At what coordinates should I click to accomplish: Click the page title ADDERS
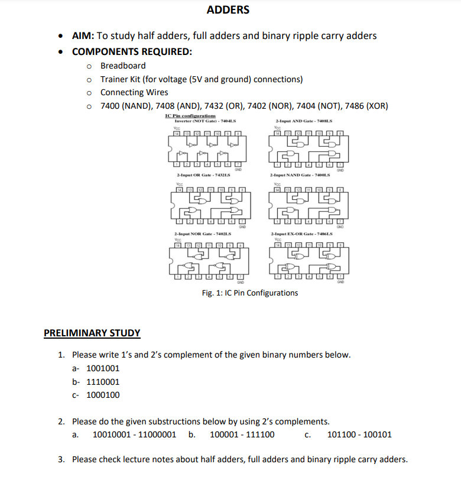[x=228, y=10]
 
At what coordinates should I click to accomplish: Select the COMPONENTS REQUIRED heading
[x=132, y=51]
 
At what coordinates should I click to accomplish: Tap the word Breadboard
[x=123, y=66]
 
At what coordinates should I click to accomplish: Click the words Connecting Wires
[x=134, y=92]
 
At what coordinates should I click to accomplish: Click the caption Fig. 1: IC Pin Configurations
[x=250, y=293]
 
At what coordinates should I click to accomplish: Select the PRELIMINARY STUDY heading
[x=92, y=333]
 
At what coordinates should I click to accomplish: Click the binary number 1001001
[x=103, y=368]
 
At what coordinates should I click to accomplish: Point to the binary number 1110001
[x=103, y=382]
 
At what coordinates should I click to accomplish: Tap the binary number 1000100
[x=103, y=395]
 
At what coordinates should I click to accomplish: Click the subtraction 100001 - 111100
[x=242, y=435]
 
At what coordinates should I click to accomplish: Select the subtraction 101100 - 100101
[x=359, y=435]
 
